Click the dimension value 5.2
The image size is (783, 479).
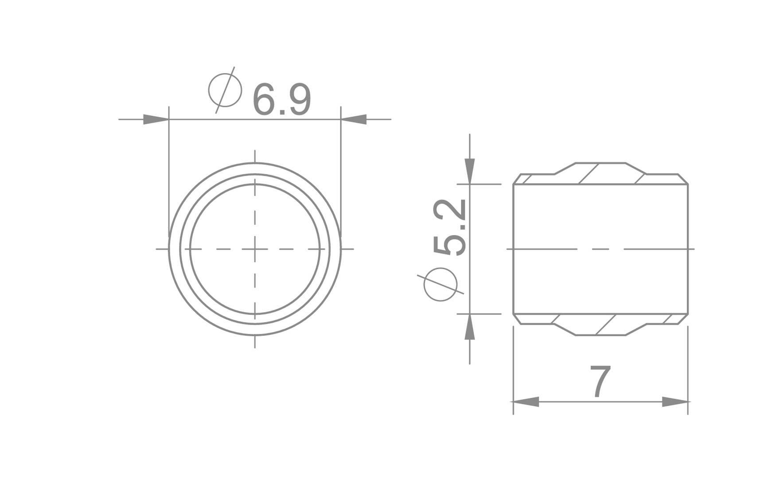pyautogui.click(x=449, y=227)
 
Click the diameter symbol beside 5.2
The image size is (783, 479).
pyautogui.click(x=440, y=284)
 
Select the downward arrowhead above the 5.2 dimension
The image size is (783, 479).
pyautogui.click(x=470, y=171)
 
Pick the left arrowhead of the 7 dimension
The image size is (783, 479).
pyautogui.click(x=526, y=402)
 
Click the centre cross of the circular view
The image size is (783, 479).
pyautogui.click(x=255, y=249)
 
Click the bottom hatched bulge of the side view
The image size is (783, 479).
pyautogui.click(x=600, y=325)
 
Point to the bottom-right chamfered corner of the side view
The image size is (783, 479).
pyautogui.click(x=684, y=319)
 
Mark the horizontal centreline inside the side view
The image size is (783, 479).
pyautogui.click(x=600, y=249)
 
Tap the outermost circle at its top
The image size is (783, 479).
pyautogui.click(x=255, y=163)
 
